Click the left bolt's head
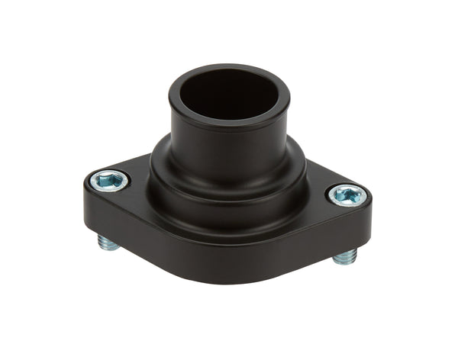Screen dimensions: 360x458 [108, 181]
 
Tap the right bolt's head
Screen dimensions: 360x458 [348, 195]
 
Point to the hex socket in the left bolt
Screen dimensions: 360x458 [108, 180]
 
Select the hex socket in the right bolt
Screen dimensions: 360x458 [349, 195]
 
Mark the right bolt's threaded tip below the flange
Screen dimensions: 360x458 [344, 256]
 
